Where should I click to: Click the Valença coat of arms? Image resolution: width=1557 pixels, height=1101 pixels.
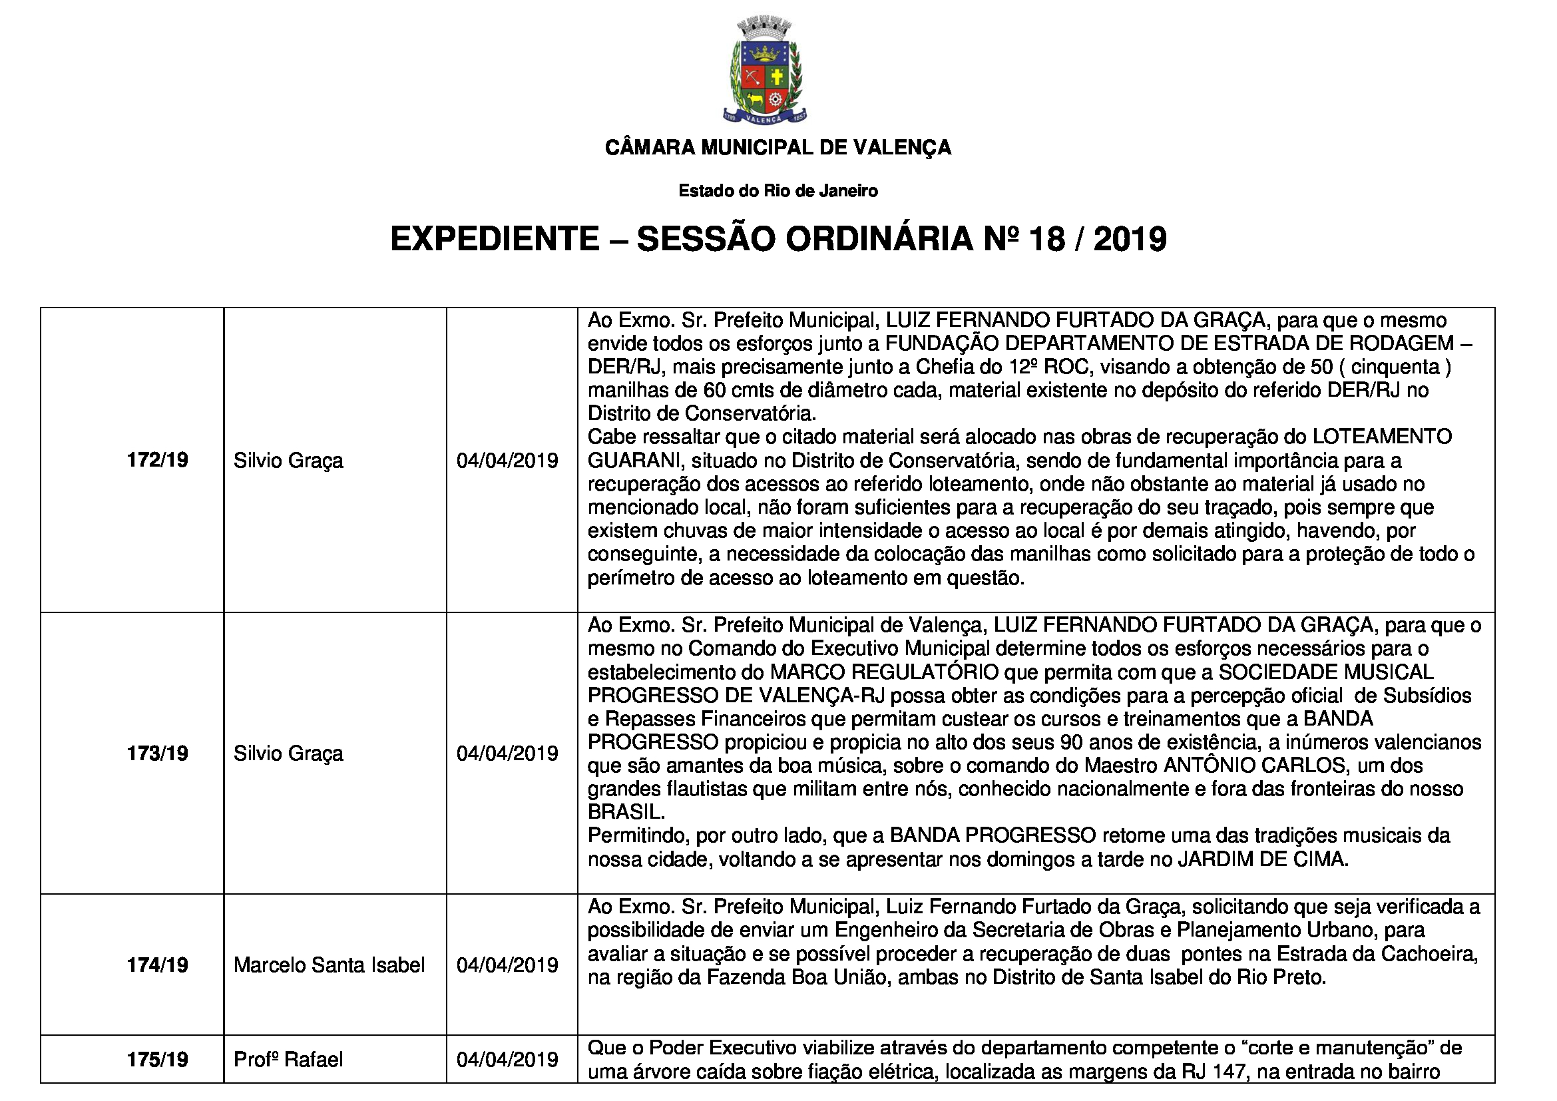click(764, 72)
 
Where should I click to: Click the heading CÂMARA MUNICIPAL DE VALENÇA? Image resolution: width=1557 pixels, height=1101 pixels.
click(778, 147)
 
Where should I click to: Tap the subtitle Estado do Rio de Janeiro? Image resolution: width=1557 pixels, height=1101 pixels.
click(778, 191)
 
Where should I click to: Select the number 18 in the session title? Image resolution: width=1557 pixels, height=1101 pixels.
click(1047, 240)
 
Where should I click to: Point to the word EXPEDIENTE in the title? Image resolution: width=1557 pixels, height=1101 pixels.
click(495, 240)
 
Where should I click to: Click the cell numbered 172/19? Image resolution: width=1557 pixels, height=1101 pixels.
click(157, 461)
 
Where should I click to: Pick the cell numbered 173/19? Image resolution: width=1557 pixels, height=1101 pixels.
click(157, 754)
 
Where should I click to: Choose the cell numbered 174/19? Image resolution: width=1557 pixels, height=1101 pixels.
click(157, 965)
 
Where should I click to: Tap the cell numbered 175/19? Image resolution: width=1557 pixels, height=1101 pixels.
click(157, 1059)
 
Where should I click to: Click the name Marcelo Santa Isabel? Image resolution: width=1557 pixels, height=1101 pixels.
click(329, 965)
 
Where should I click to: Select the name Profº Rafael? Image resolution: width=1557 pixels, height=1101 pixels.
click(288, 1059)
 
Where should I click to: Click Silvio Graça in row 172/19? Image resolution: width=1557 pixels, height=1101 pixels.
click(288, 461)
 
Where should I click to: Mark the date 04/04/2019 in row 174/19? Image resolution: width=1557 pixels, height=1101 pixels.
click(507, 965)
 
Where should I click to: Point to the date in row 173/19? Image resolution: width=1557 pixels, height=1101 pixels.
click(507, 754)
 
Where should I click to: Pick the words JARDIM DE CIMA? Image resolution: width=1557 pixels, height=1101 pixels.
click(1262, 859)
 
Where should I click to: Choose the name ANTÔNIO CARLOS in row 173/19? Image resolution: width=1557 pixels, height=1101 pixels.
click(1255, 766)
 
